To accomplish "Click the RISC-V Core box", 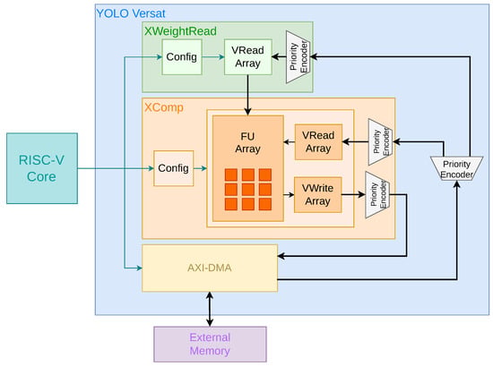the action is pyautogui.click(x=42, y=168).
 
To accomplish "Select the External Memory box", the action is pyautogui.click(x=210, y=344).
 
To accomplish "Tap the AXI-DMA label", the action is pyautogui.click(x=210, y=268).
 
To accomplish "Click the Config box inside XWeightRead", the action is pyautogui.click(x=182, y=57).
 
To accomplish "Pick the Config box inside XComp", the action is pyautogui.click(x=174, y=168).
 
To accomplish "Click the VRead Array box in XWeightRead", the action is pyautogui.click(x=248, y=56).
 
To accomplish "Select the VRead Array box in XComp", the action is pyautogui.click(x=318, y=142).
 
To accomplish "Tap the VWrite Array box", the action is pyautogui.click(x=318, y=194).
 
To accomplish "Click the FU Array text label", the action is pyautogui.click(x=247, y=142).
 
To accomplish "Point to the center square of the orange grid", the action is pyautogui.click(x=248, y=190).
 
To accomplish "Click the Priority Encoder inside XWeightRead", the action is pyautogui.click(x=298, y=57).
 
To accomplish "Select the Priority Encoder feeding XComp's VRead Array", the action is pyautogui.click(x=380, y=142).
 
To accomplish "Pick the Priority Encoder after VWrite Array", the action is pyautogui.click(x=377, y=194).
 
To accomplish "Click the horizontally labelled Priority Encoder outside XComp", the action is pyautogui.click(x=456, y=168).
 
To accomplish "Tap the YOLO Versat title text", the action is pyautogui.click(x=131, y=13).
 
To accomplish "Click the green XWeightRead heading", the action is pyautogui.click(x=180, y=31).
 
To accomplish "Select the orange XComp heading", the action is pyautogui.click(x=164, y=107).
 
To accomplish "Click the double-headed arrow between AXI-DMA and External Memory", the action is pyautogui.click(x=210, y=310).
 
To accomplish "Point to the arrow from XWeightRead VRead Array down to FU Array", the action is pyautogui.click(x=247, y=95).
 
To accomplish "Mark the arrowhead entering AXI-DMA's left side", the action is pyautogui.click(x=139, y=268).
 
